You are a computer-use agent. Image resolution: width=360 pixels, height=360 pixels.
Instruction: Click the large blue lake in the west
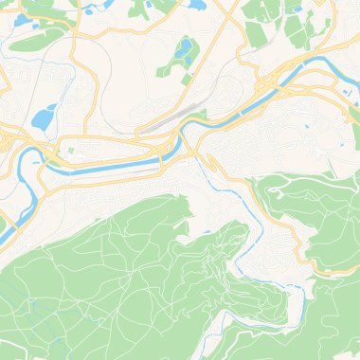[x=43, y=118]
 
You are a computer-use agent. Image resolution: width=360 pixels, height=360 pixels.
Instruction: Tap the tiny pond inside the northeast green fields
[x=298, y=9]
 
